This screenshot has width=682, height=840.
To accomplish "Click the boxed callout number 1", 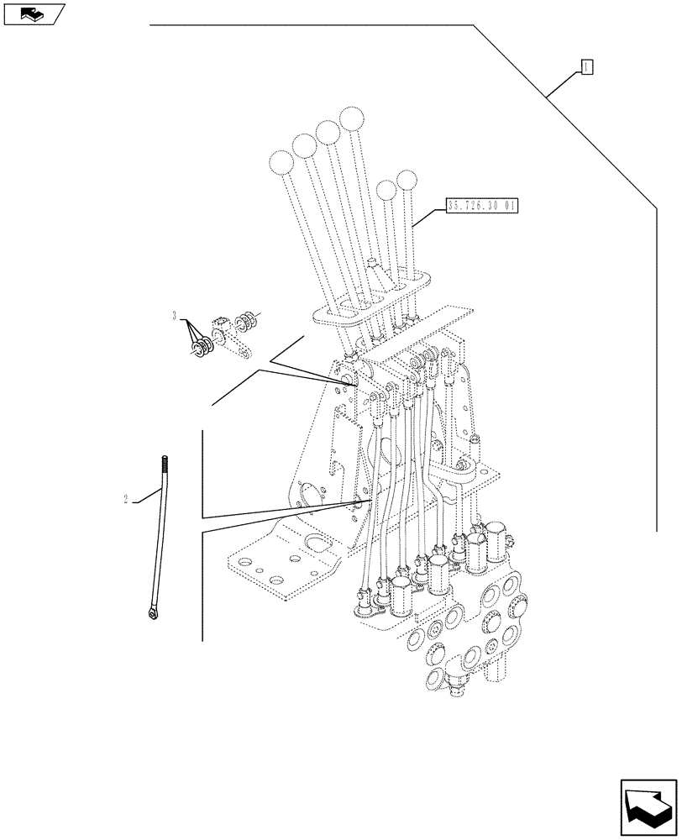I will [587, 67].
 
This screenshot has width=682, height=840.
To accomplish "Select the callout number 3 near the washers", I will [174, 316].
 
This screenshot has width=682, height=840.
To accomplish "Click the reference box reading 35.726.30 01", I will [483, 206].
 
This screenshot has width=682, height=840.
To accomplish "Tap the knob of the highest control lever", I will [351, 118].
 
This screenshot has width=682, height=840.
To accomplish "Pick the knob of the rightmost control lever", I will [407, 180].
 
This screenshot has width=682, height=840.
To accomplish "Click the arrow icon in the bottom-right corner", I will [647, 806].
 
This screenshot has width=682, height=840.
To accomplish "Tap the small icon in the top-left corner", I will [33, 13].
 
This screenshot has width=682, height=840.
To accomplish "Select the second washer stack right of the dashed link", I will [247, 321].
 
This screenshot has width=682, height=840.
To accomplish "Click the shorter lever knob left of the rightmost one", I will [386, 191].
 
